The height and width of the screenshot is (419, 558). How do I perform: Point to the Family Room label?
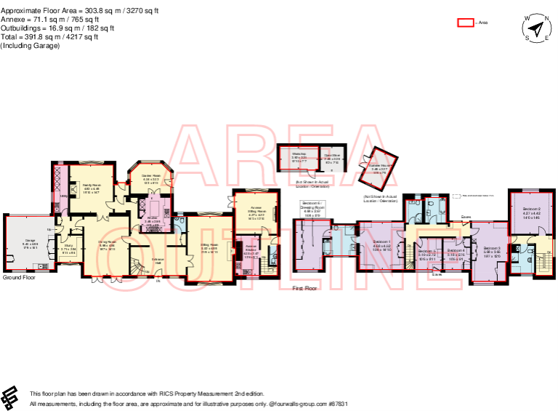click(x=91, y=185)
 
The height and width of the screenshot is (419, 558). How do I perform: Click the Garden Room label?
click(x=150, y=178)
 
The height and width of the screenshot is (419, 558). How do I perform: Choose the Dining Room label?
click(x=107, y=242)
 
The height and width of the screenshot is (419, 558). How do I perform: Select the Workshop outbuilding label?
click(x=298, y=155)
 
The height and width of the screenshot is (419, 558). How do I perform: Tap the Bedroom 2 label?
click(x=532, y=208)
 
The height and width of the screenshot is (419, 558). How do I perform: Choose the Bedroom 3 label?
click(x=492, y=248)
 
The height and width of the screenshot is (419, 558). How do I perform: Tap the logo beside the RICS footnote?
click(x=11, y=397)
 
